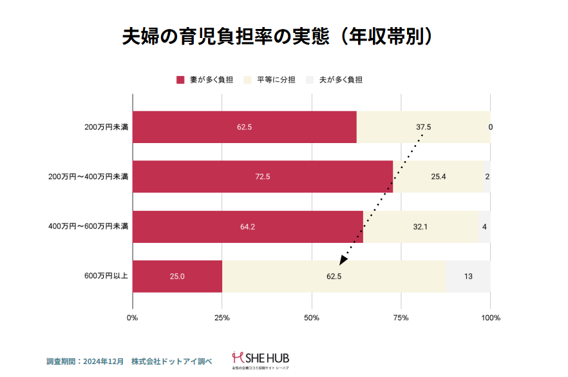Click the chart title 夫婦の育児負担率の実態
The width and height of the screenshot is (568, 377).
[276, 35]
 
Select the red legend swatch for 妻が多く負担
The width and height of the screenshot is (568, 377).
[180, 80]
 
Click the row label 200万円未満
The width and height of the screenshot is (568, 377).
[106, 127]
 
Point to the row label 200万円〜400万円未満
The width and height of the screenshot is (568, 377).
[89, 177]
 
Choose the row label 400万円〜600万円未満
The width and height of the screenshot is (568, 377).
[89, 226]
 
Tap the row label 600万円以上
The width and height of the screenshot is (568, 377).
[106, 276]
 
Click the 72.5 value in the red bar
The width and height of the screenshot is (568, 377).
[262, 177]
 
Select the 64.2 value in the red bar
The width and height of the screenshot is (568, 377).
[247, 227]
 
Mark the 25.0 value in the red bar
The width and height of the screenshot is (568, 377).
[177, 276]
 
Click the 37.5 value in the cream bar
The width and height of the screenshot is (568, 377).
[423, 127]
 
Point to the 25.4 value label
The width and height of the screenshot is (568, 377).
[438, 177]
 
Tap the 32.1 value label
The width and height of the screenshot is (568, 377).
[421, 227]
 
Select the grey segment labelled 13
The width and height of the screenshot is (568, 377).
[468, 276]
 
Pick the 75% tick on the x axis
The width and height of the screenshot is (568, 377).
[401, 318]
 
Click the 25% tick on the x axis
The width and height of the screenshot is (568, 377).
[222, 318]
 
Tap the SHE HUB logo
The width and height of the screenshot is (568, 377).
[261, 358]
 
